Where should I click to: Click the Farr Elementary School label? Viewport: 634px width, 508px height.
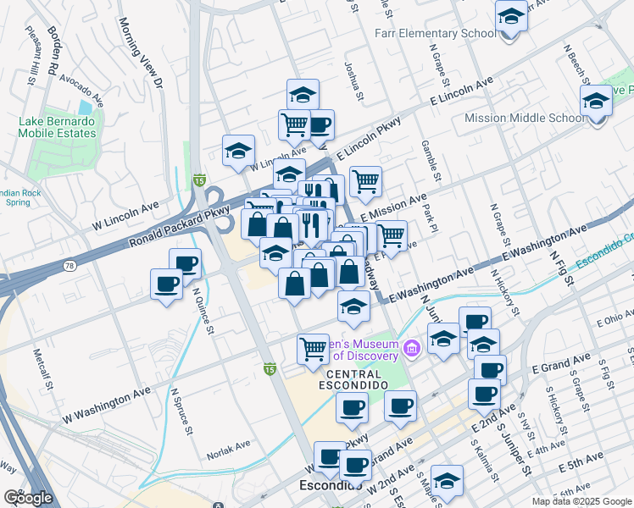coord(435,34)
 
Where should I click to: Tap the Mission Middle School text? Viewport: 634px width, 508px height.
coord(525,118)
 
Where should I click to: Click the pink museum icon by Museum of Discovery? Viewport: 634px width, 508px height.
coord(412,348)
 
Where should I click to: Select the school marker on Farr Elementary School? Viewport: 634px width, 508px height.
coord(511,16)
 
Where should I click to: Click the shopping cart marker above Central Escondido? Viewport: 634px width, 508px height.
coord(314,348)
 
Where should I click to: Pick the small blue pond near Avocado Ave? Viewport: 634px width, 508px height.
coord(85,108)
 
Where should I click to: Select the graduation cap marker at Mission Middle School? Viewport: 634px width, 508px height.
coord(597,102)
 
